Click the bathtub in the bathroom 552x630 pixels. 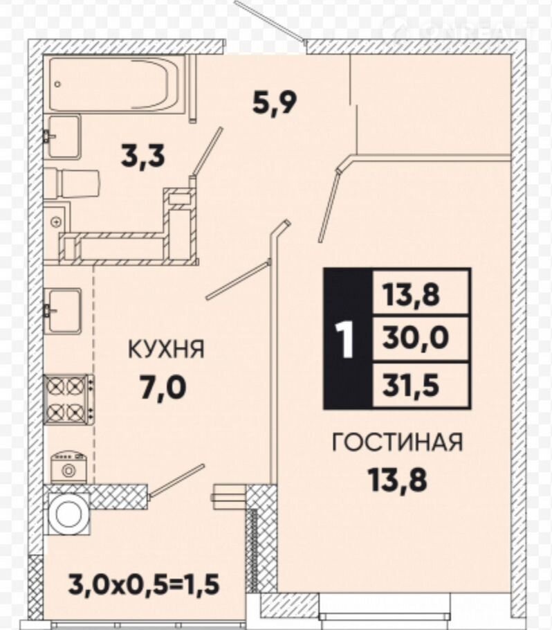(x=117, y=83)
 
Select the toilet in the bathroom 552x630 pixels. (x=71, y=183)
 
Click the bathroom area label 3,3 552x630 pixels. (x=142, y=156)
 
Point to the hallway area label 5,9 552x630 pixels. (x=275, y=103)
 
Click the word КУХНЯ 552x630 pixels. (x=166, y=349)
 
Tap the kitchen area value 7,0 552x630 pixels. (x=163, y=387)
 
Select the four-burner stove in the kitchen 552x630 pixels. (x=69, y=399)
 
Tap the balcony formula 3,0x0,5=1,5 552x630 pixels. (x=144, y=584)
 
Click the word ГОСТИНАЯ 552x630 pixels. (x=398, y=442)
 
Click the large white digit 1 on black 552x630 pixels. (x=346, y=339)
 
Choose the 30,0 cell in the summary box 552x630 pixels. (x=421, y=338)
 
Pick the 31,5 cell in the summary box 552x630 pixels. (x=421, y=386)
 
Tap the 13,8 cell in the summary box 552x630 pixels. (x=421, y=293)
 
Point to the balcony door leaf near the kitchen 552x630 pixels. (x=176, y=481)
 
